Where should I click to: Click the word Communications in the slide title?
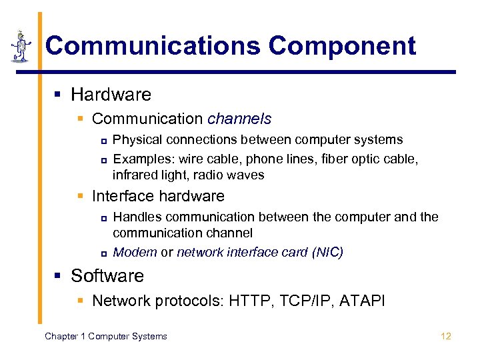click(x=152, y=46)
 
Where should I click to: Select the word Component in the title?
click(x=342, y=46)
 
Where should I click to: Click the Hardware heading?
click(x=111, y=95)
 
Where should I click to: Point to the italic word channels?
click(x=239, y=119)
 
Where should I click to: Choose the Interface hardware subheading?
click(x=158, y=196)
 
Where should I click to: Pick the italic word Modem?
click(x=135, y=252)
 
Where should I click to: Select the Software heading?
click(x=107, y=276)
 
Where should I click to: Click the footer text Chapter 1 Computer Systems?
click(x=105, y=336)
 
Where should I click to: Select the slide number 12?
click(x=446, y=336)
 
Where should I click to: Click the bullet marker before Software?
click(x=59, y=277)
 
